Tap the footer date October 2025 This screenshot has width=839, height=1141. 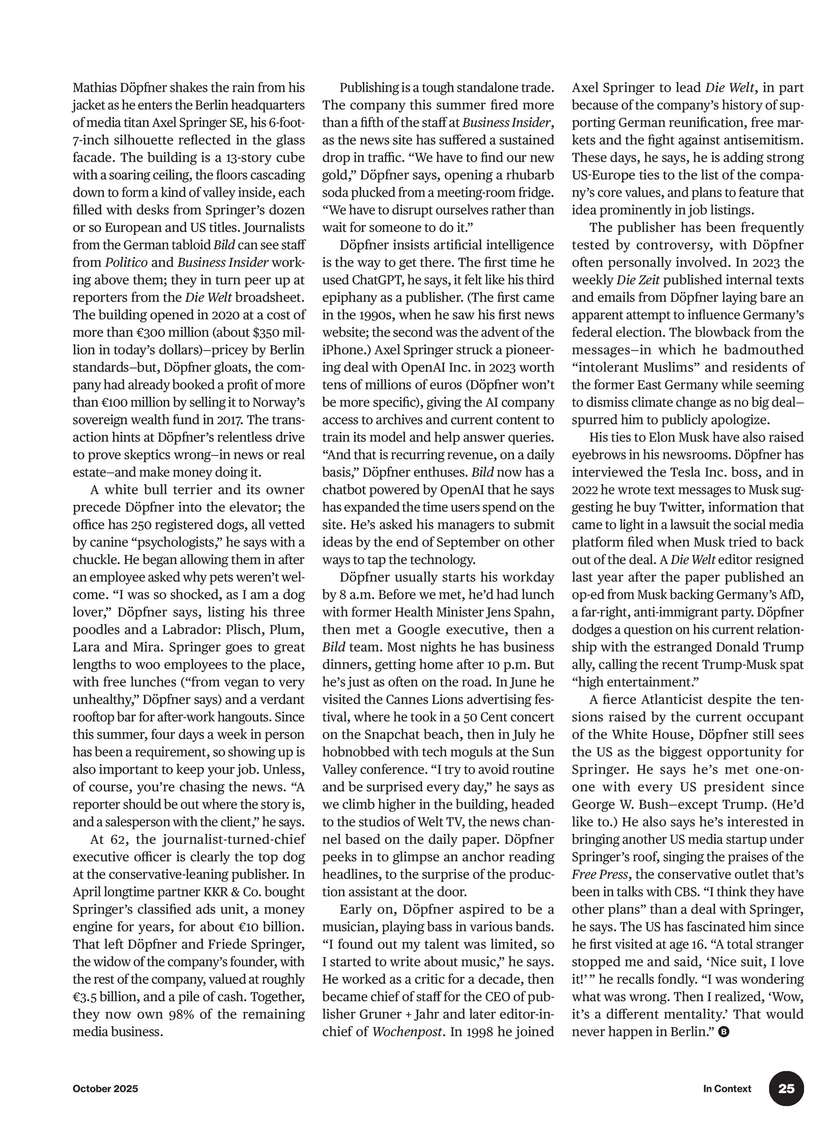pyautogui.click(x=105, y=1089)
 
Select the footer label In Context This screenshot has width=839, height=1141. pyautogui.click(x=727, y=1089)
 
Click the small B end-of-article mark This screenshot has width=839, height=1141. pyautogui.click(x=724, y=1032)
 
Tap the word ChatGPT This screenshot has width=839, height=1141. pyautogui.click(x=375, y=280)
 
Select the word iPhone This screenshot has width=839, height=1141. pyautogui.click(x=345, y=350)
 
